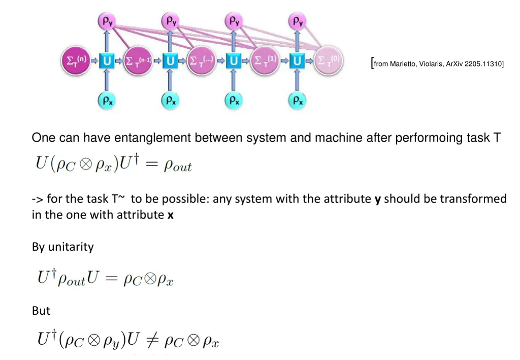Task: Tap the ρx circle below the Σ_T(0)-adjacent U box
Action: click(x=298, y=101)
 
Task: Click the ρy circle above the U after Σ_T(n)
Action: click(x=107, y=21)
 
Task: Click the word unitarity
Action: click(x=71, y=247)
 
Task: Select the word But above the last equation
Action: click(x=41, y=310)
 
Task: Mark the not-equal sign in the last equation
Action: click(x=152, y=341)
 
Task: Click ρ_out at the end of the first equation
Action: click(x=178, y=166)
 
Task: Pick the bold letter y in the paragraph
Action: click(x=377, y=199)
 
